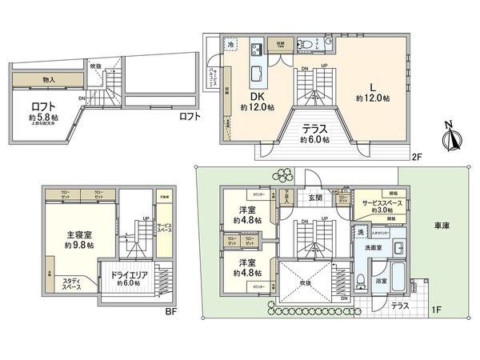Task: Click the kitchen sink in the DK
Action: point(259,72)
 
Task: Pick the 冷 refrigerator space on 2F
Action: point(230,46)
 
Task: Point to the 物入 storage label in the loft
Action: point(49,79)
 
